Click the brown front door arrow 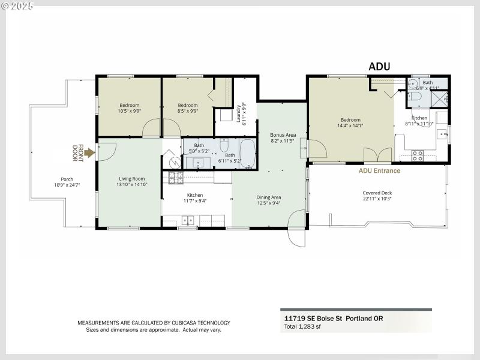89,153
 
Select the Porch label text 67,182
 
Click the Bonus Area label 283,137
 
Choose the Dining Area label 268,200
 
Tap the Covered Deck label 377,196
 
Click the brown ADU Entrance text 379,170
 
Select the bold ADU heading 379,67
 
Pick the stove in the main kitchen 175,178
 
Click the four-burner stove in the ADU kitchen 418,155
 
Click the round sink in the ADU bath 414,83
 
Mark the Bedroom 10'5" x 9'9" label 129,108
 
